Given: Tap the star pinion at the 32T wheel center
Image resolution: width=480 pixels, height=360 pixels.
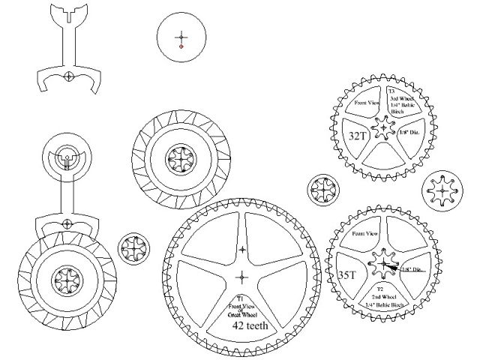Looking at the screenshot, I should [384, 127].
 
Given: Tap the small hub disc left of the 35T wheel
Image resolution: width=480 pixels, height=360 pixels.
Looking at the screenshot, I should [325, 190].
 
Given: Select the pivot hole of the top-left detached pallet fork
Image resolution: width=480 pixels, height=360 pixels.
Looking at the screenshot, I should [67, 76].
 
